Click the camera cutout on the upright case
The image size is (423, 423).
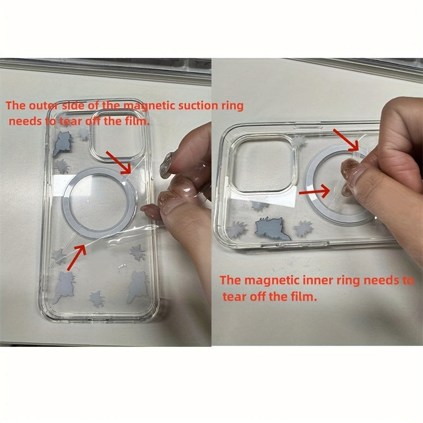click(116, 136)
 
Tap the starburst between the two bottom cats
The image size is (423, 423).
click(97, 299)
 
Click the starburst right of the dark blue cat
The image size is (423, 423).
click(304, 228)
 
